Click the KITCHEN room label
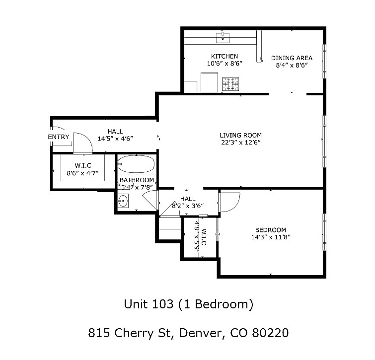tap(224, 56)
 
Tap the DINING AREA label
tap(292, 58)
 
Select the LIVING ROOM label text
tap(240, 135)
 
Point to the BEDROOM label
tap(270, 229)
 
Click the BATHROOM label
tap(137, 180)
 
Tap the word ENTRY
tap(59, 137)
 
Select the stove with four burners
tap(230, 84)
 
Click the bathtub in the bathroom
tap(137, 163)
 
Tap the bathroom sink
tap(123, 201)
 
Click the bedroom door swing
tap(229, 202)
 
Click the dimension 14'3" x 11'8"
tap(270, 237)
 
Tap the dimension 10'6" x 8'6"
tap(224, 64)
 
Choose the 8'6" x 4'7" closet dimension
tap(82, 173)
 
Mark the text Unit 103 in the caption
tap(148, 304)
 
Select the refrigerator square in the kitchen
tap(209, 82)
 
